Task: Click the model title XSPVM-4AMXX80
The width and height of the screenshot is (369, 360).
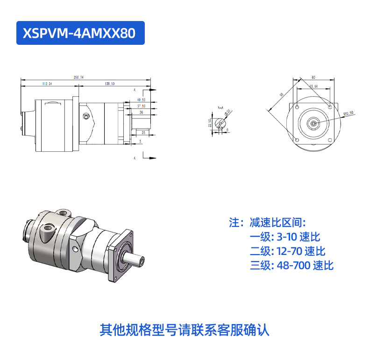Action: [x=80, y=33]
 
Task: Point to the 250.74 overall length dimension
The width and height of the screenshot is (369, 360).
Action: [x=78, y=77]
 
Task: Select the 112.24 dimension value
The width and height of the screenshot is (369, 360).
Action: [x=47, y=84]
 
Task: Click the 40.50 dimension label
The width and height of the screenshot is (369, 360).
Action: [x=141, y=99]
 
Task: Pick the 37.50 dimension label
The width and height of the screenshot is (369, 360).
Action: [x=141, y=106]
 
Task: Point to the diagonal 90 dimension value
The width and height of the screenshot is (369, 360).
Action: [x=282, y=95]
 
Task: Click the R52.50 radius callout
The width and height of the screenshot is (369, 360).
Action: [x=348, y=113]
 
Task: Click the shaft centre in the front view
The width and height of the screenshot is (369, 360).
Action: [x=313, y=123]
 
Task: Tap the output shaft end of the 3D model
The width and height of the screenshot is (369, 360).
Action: [x=141, y=260]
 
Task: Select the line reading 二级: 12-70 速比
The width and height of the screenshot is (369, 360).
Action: [x=287, y=251]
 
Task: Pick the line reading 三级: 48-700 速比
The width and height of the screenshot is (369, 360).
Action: [x=291, y=266]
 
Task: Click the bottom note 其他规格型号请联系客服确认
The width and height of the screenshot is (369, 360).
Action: [x=184, y=330]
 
